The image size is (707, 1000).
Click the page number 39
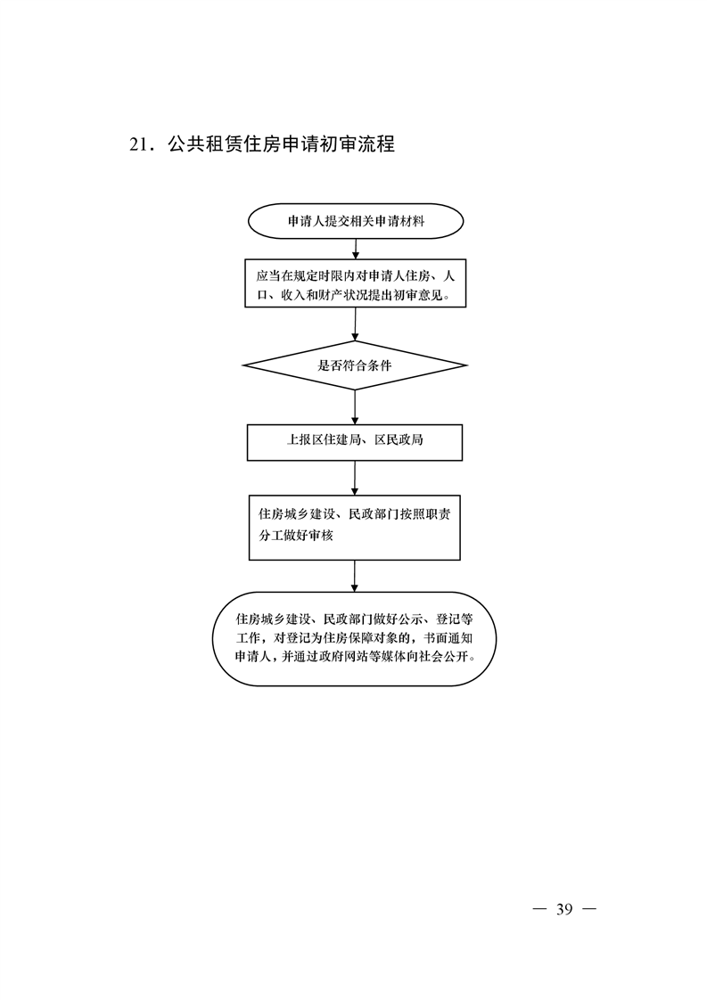tap(564, 909)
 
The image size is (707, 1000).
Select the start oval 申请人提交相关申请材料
tap(356, 221)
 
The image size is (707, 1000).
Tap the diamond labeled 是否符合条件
tap(355, 365)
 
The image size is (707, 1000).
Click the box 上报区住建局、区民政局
tap(355, 442)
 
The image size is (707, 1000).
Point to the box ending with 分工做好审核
tap(355, 528)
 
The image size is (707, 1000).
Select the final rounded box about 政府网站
tap(354, 638)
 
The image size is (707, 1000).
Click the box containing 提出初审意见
tap(356, 283)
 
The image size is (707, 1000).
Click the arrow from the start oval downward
tap(356, 249)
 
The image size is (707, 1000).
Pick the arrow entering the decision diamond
tap(356, 324)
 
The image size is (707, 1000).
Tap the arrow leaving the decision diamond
tap(355, 407)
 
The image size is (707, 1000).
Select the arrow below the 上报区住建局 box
tap(355, 478)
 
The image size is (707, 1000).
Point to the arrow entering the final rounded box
tap(355, 576)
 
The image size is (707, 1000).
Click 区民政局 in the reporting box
tap(399, 439)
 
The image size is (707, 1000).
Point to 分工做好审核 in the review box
tap(296, 535)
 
